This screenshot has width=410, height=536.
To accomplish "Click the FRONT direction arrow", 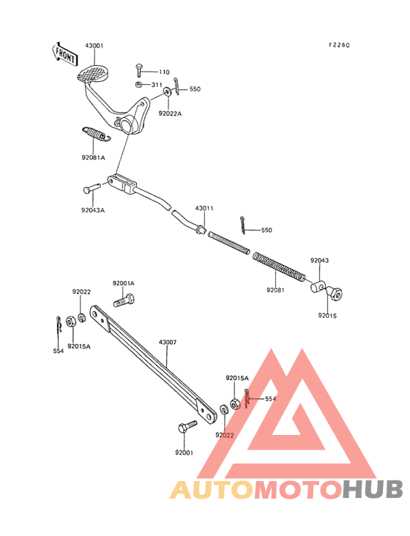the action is click(x=64, y=54).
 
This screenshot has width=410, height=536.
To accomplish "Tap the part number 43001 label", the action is click(x=94, y=45).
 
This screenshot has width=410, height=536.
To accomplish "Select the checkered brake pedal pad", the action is click(x=92, y=73).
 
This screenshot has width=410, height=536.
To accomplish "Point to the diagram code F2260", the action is click(x=339, y=45).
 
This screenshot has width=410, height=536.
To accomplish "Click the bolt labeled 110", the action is click(x=138, y=70).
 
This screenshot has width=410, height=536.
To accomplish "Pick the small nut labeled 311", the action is click(x=138, y=84).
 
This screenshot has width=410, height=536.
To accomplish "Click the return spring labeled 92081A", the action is click(x=97, y=133).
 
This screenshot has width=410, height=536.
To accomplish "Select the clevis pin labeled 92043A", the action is click(x=92, y=188).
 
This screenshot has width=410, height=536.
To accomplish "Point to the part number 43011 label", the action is click(x=204, y=208).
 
